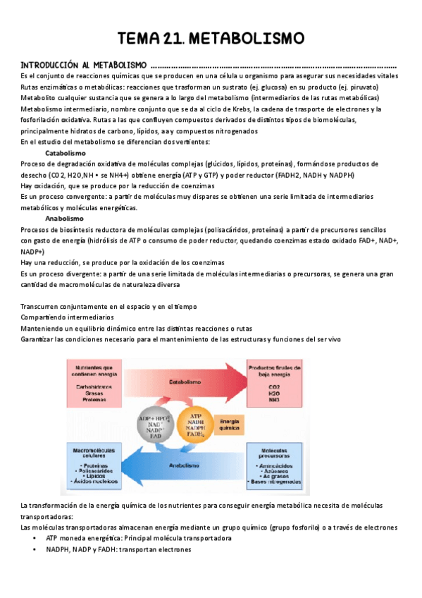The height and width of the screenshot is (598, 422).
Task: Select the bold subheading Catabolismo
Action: click(x=66, y=152)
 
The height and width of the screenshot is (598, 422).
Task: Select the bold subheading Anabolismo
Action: click(x=65, y=219)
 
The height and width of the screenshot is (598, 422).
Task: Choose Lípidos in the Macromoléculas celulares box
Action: click(x=92, y=477)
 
